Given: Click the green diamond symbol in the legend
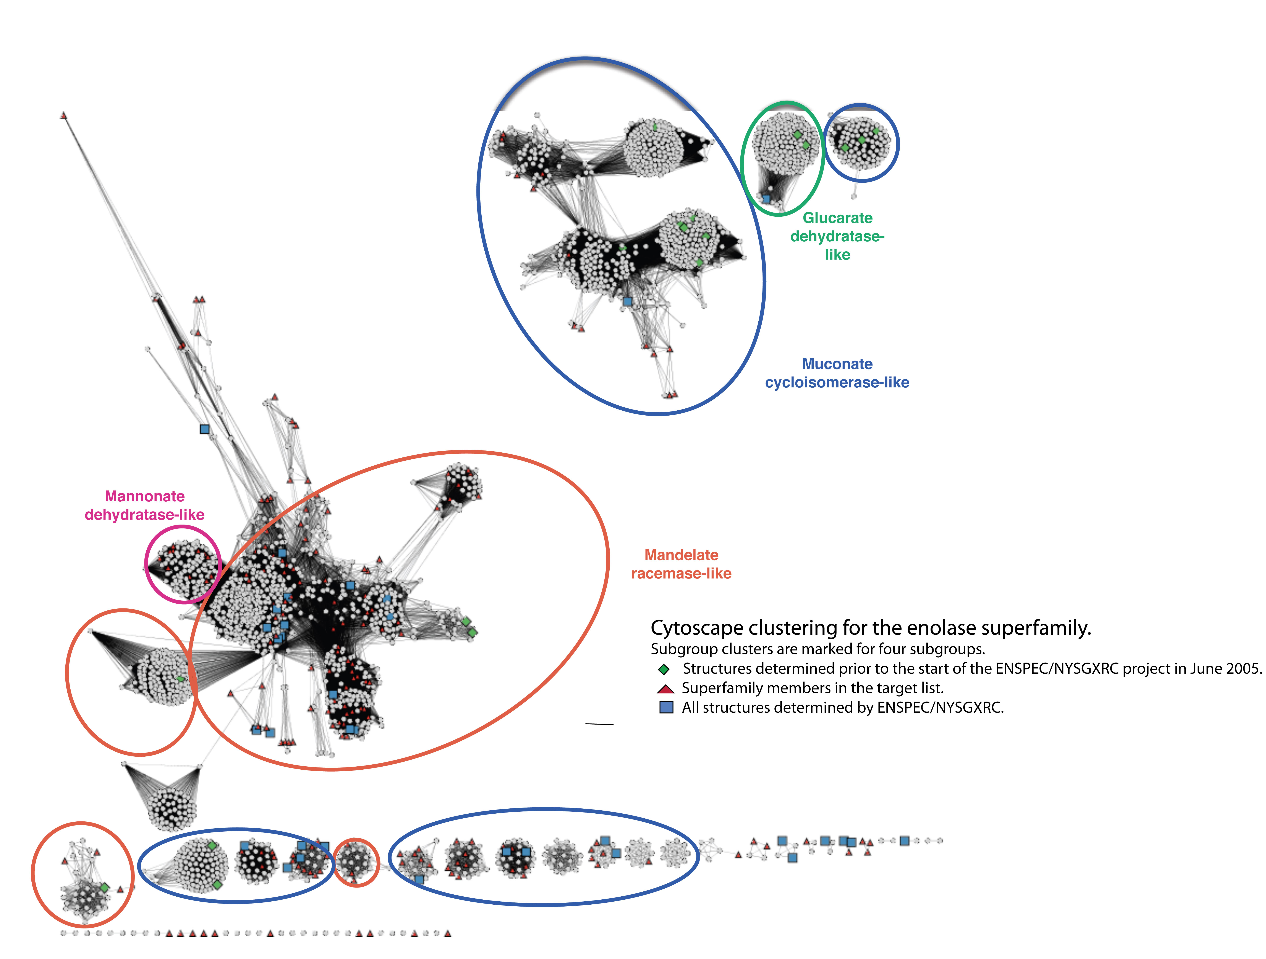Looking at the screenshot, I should coord(664,669).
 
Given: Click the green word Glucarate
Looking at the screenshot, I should coord(837,218).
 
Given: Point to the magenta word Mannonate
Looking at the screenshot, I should coord(145,496).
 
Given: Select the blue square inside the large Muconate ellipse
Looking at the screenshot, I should coord(627,301).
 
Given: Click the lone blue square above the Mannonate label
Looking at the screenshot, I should coord(204,429).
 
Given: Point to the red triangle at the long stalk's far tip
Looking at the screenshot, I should coord(63,116).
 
